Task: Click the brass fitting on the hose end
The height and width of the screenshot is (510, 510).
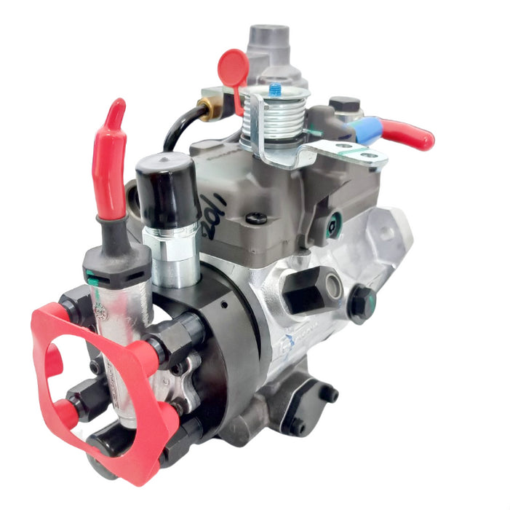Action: (210, 109)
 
